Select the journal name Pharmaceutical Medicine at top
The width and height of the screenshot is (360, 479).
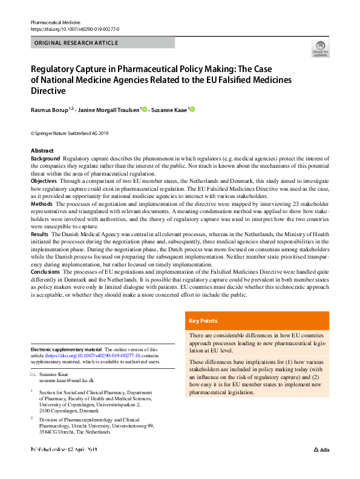coord(55,21)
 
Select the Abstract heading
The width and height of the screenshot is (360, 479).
coord(42,150)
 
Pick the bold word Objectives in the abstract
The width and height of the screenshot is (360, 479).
coord(44,181)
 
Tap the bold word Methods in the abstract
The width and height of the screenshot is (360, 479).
coord(42,204)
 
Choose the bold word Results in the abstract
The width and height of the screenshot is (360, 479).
coord(40,234)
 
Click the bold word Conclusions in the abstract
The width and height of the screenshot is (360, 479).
coord(47,271)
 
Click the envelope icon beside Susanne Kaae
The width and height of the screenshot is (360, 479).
coord(33,375)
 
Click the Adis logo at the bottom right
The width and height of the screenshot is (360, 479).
coord(322,467)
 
